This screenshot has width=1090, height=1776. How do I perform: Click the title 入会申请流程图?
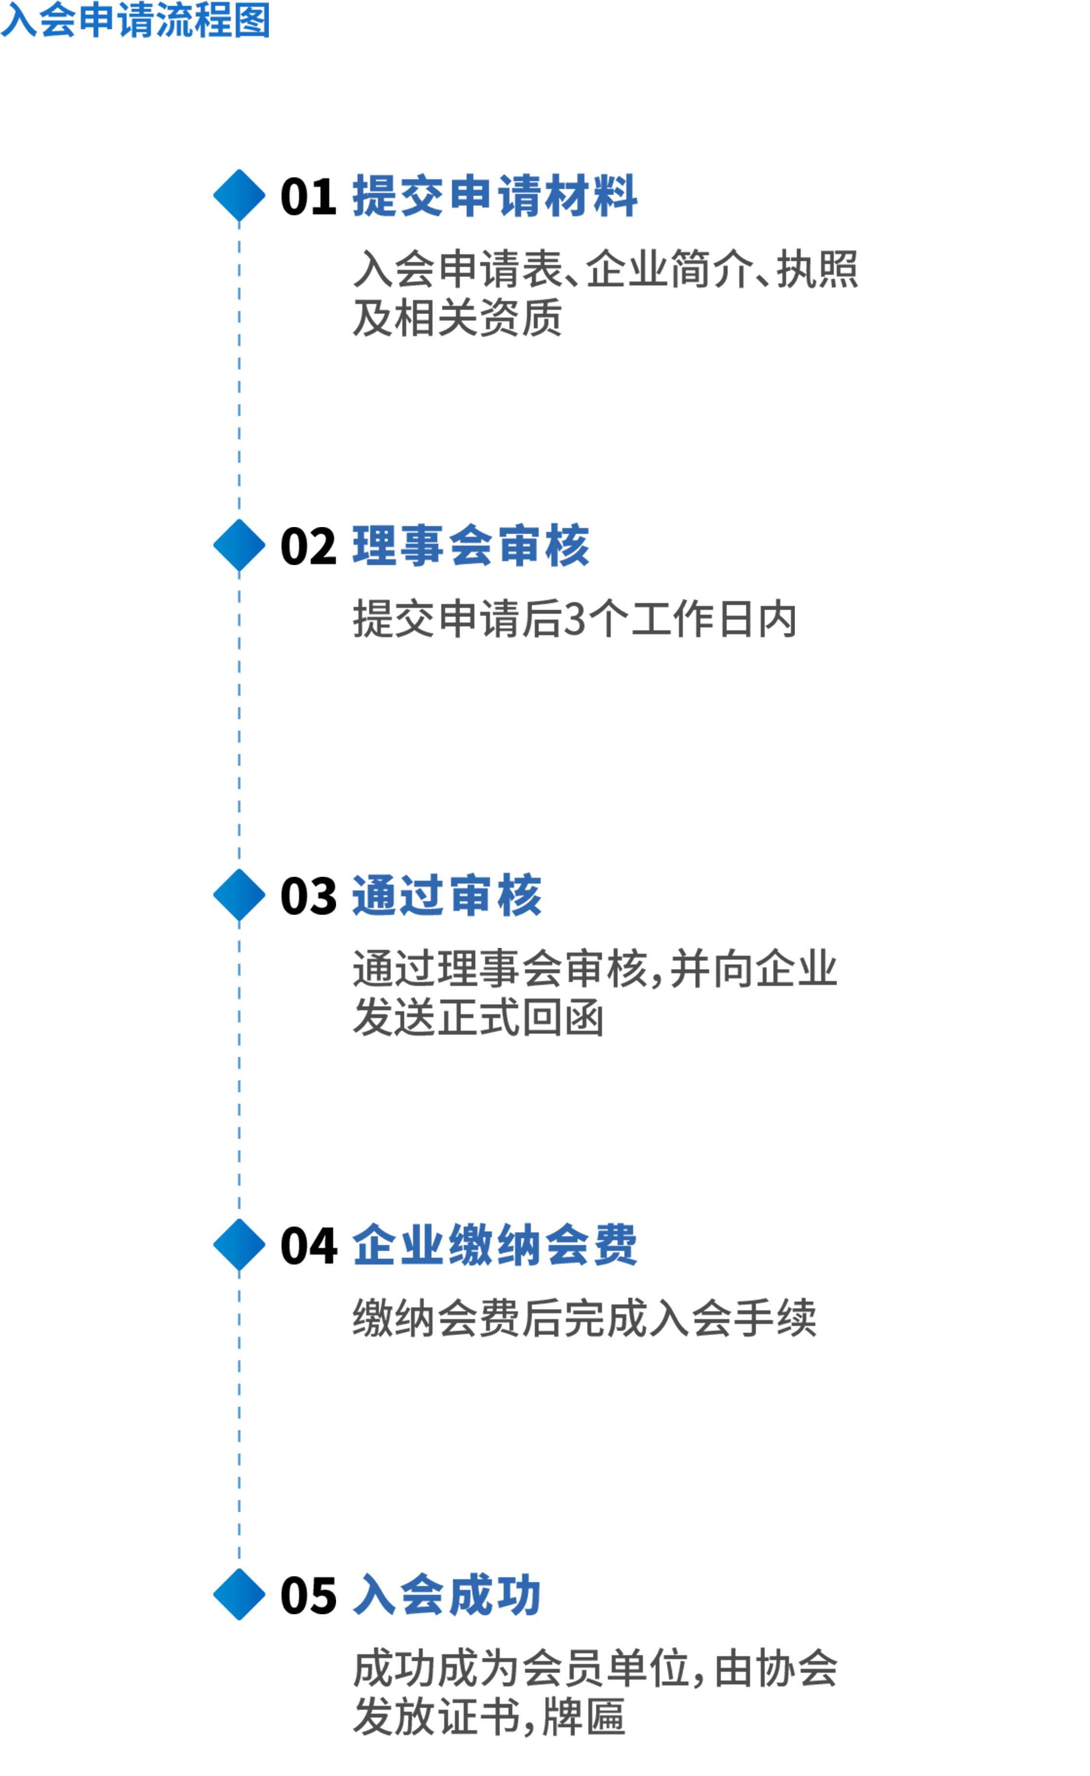point(135,20)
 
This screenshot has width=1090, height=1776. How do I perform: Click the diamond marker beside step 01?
point(239,195)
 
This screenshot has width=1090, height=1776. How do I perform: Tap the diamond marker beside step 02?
point(239,545)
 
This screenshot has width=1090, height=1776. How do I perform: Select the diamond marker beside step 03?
point(239,894)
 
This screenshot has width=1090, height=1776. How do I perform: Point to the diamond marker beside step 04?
point(239,1245)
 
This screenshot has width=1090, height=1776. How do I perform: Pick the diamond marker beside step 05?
point(239,1594)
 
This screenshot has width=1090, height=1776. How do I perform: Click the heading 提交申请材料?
point(494,195)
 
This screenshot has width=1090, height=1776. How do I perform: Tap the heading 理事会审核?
point(471,546)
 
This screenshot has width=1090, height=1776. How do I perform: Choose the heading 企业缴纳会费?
point(494,1245)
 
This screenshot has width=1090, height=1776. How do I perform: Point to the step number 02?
point(308,546)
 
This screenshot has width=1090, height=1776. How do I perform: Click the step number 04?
point(308,1245)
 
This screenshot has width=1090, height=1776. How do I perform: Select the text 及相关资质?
point(457,318)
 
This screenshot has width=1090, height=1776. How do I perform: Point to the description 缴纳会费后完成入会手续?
point(584,1318)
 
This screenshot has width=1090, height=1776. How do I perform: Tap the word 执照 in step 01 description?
point(817,269)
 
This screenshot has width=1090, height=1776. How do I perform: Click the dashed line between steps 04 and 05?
point(239,1420)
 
